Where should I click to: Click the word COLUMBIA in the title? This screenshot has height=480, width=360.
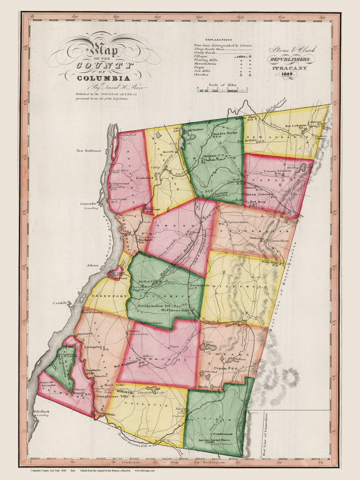tap(104, 78)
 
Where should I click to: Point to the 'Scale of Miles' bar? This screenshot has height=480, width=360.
tap(222, 89)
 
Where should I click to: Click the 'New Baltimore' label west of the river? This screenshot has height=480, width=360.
tap(89, 151)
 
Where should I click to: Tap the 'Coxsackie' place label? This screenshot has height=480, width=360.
tap(88, 204)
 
